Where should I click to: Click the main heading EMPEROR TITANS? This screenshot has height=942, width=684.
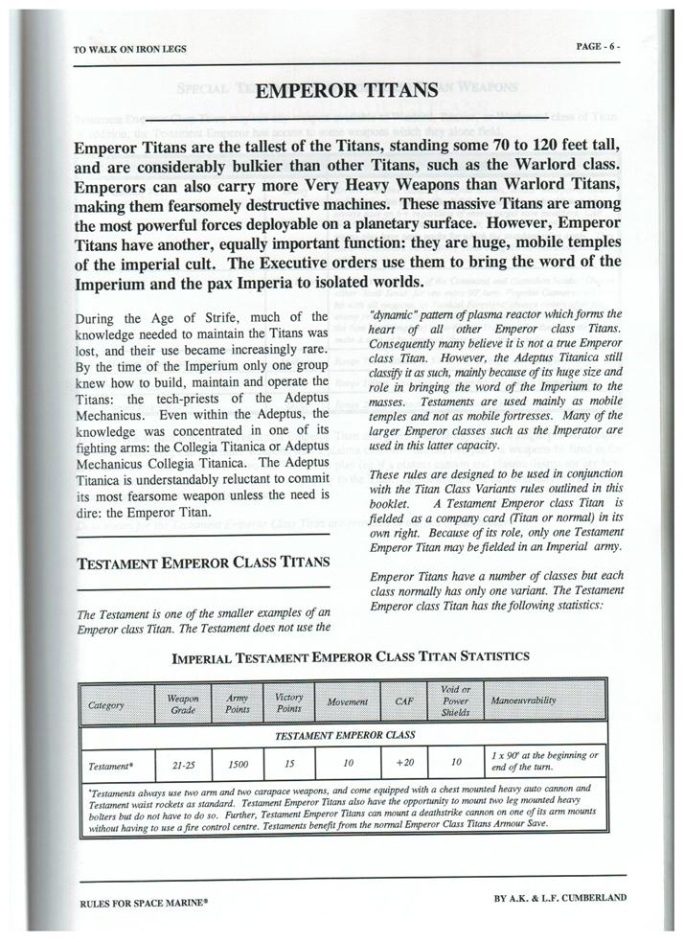(x=349, y=91)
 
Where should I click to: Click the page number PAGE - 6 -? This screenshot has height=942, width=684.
(x=605, y=46)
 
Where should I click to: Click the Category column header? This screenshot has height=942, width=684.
(x=105, y=704)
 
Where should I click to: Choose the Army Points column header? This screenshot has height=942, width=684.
(x=237, y=704)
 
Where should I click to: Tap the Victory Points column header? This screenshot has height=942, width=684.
(x=289, y=704)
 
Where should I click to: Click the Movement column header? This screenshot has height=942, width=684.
(x=348, y=703)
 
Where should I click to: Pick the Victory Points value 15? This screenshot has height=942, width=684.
(x=289, y=765)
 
